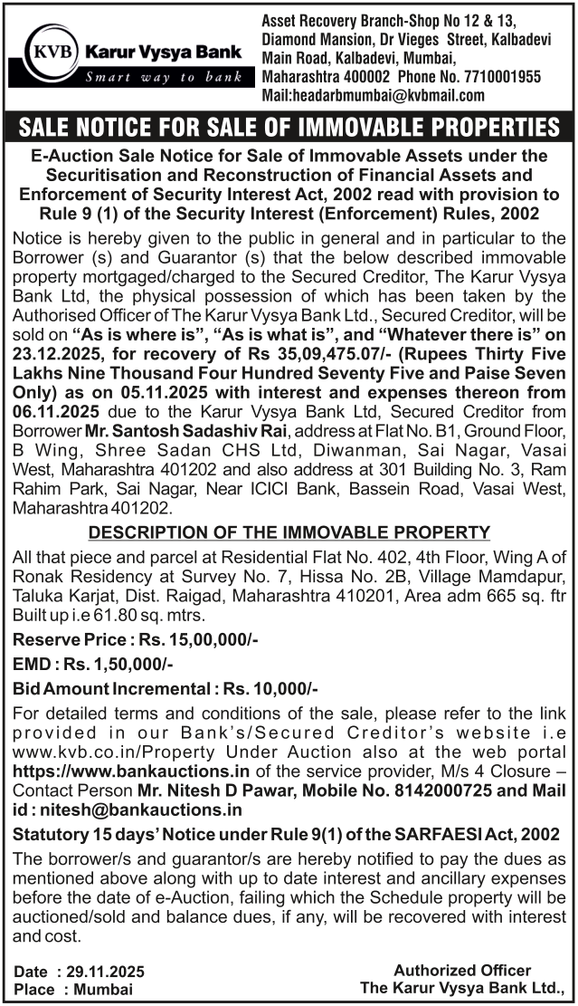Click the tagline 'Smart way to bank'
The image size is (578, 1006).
click(164, 77)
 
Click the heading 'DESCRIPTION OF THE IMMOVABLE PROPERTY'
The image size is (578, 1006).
click(289, 532)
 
